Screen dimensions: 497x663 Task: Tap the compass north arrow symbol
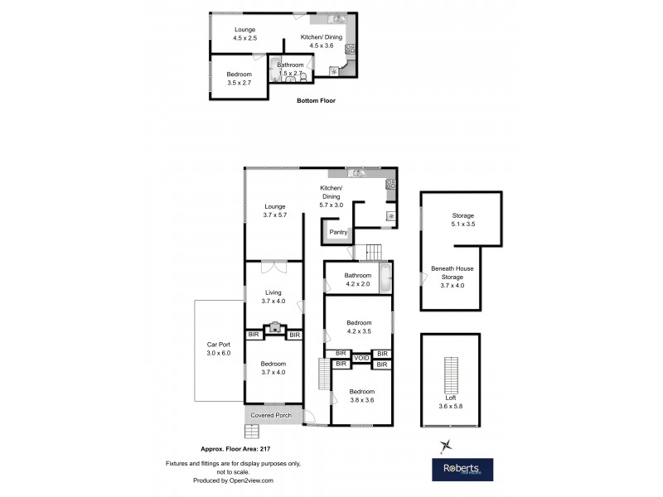(x=445, y=446)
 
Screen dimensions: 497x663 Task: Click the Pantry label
(x=338, y=232)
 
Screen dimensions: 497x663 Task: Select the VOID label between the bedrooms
(x=361, y=358)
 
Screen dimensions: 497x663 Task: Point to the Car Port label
(x=218, y=349)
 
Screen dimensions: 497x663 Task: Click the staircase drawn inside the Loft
(x=452, y=378)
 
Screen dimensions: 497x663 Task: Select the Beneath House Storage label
(x=452, y=277)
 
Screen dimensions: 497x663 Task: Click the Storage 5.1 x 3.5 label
(x=462, y=220)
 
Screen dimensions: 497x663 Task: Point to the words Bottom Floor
(x=316, y=101)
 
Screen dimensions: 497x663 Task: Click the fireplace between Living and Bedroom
(x=274, y=329)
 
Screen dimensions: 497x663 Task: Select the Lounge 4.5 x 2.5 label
(x=244, y=33)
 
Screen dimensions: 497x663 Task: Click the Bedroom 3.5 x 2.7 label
(x=239, y=78)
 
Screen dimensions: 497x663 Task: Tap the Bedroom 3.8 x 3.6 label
(x=361, y=395)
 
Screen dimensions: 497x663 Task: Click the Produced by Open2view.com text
(x=221, y=480)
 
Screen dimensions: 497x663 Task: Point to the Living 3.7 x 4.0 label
(x=273, y=296)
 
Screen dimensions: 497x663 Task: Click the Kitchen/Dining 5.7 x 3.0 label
(x=331, y=196)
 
